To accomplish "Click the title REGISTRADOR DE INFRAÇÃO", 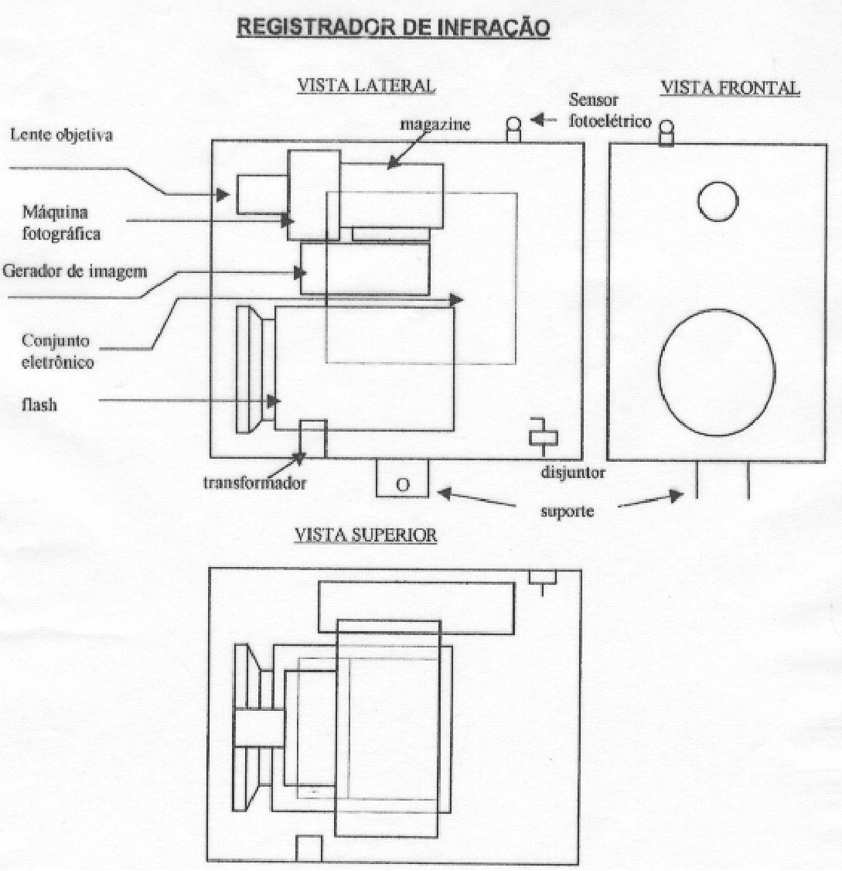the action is click(x=394, y=29).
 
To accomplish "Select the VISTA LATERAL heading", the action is click(x=366, y=86).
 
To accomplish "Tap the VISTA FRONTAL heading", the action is click(x=730, y=87).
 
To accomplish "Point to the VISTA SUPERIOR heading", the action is click(x=366, y=535).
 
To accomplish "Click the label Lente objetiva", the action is click(x=62, y=135).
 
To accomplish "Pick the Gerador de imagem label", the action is click(x=75, y=272).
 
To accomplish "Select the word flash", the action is click(x=39, y=405).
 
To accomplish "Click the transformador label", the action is click(x=254, y=483).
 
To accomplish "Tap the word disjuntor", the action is click(x=573, y=473).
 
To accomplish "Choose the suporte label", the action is click(x=567, y=511).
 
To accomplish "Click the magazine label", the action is click(x=435, y=125).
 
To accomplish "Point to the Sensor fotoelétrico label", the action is click(x=610, y=111).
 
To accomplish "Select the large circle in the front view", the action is click(x=659, y=372).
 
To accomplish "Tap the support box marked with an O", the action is click(x=402, y=478).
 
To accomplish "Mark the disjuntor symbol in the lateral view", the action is click(x=544, y=436).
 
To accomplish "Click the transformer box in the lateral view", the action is click(x=312, y=439).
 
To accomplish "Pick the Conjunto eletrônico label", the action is click(x=57, y=352).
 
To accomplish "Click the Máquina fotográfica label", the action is click(x=61, y=223).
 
